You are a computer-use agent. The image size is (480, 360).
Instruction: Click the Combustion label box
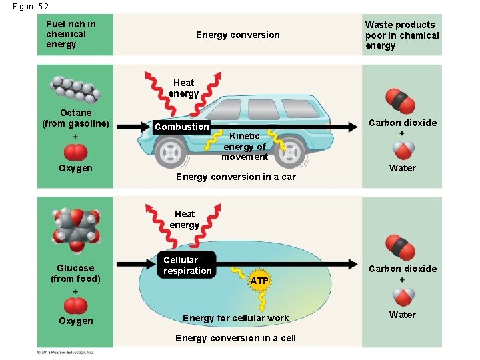[x=181, y=127]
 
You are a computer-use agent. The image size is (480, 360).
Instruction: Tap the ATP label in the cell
[x=259, y=281]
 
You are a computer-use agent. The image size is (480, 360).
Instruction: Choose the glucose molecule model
[x=75, y=229]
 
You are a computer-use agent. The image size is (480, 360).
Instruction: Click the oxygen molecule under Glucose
[x=75, y=305]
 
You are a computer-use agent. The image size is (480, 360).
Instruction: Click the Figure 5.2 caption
[x=30, y=6]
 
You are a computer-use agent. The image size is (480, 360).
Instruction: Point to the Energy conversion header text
[x=237, y=35]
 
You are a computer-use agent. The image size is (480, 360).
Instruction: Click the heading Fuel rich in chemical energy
[x=71, y=34]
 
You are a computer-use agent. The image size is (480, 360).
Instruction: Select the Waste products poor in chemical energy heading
[x=402, y=35]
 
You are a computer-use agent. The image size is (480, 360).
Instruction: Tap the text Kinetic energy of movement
[x=245, y=147]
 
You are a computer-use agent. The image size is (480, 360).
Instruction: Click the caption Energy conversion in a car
[x=235, y=177]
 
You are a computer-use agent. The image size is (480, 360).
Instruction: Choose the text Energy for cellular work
[x=235, y=318]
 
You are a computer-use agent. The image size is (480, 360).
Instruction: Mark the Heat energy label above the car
[x=184, y=88]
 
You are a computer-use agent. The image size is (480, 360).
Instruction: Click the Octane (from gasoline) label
[x=75, y=118]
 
